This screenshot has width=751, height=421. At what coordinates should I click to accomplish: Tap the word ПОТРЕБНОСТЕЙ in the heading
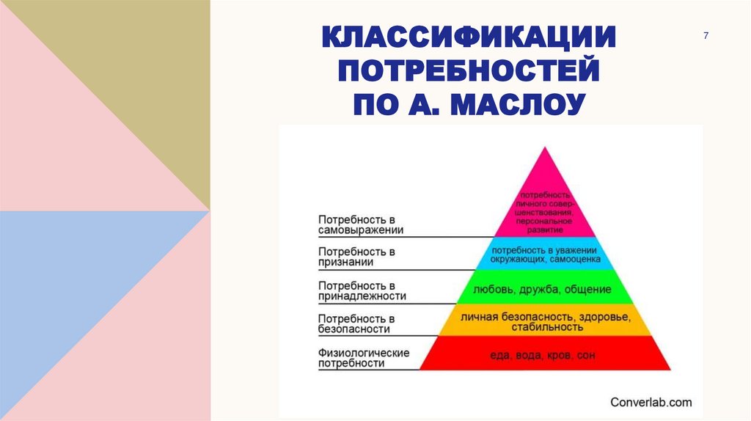point(469,72)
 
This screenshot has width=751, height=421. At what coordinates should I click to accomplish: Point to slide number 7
point(706,37)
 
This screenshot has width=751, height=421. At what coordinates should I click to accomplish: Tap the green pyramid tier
point(543,290)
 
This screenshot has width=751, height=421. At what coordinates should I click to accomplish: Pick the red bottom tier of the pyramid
point(543,355)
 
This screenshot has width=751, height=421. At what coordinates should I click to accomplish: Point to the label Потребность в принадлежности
point(362,290)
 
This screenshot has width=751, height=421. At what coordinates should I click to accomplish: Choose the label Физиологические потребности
point(363,358)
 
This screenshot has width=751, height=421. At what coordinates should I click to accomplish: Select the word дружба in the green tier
point(543,290)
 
